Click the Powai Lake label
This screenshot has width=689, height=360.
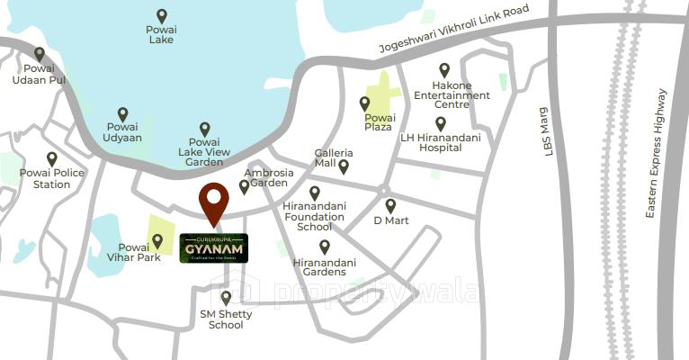(162, 34)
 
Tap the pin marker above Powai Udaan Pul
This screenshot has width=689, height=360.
(40, 54)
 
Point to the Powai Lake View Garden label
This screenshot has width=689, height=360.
(205, 151)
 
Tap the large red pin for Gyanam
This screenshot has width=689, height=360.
(213, 202)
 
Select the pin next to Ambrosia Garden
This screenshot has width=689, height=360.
(244, 186)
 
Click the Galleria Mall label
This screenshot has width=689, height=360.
(327, 158)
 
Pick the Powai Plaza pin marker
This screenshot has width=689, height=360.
(364, 103)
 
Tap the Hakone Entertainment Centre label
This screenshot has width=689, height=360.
(452, 94)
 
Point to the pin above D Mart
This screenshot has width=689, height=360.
(390, 205)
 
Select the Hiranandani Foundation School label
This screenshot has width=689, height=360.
(313, 216)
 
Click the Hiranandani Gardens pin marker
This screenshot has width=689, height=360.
(325, 246)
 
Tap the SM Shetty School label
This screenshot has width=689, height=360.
(226, 319)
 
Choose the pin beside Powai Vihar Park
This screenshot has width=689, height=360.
(157, 240)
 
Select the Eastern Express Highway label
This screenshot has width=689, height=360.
(655, 153)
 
